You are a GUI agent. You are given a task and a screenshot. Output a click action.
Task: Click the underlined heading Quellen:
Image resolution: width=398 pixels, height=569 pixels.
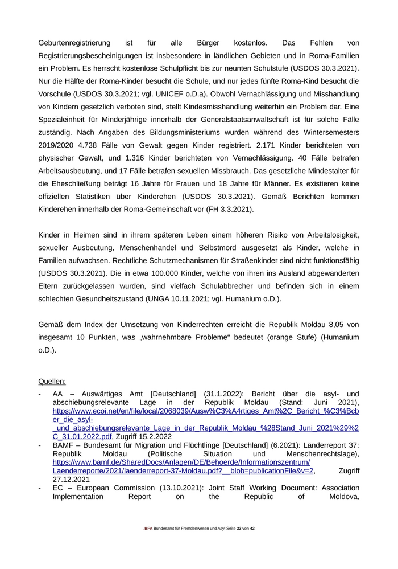click(x=52, y=381)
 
